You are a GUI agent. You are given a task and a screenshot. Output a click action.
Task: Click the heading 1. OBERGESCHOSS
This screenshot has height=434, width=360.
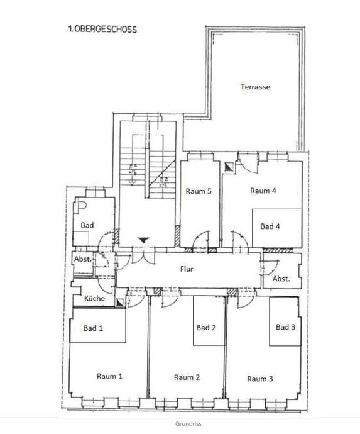102,28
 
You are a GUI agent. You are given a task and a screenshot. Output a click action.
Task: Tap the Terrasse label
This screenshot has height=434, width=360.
255,87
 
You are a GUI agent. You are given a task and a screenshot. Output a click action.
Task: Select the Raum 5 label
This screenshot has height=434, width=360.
198,191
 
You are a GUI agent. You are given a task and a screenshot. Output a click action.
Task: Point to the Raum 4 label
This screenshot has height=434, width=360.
263,191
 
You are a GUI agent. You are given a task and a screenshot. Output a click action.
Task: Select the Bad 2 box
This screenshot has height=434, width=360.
206,327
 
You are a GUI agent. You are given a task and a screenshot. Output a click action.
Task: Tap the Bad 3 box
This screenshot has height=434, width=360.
286,327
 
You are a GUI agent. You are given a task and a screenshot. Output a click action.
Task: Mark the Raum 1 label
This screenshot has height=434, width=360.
109,376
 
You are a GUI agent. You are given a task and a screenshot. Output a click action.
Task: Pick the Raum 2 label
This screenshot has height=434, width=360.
187,377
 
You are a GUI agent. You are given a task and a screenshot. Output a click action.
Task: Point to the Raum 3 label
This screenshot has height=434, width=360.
260,378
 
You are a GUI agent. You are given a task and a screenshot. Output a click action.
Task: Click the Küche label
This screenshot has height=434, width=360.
94,298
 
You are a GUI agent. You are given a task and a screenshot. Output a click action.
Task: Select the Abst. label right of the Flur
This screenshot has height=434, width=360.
281,278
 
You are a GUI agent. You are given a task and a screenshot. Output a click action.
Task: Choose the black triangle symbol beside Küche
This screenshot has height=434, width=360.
119,302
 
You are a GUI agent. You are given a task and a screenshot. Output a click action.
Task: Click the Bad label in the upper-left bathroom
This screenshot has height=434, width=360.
87,225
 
